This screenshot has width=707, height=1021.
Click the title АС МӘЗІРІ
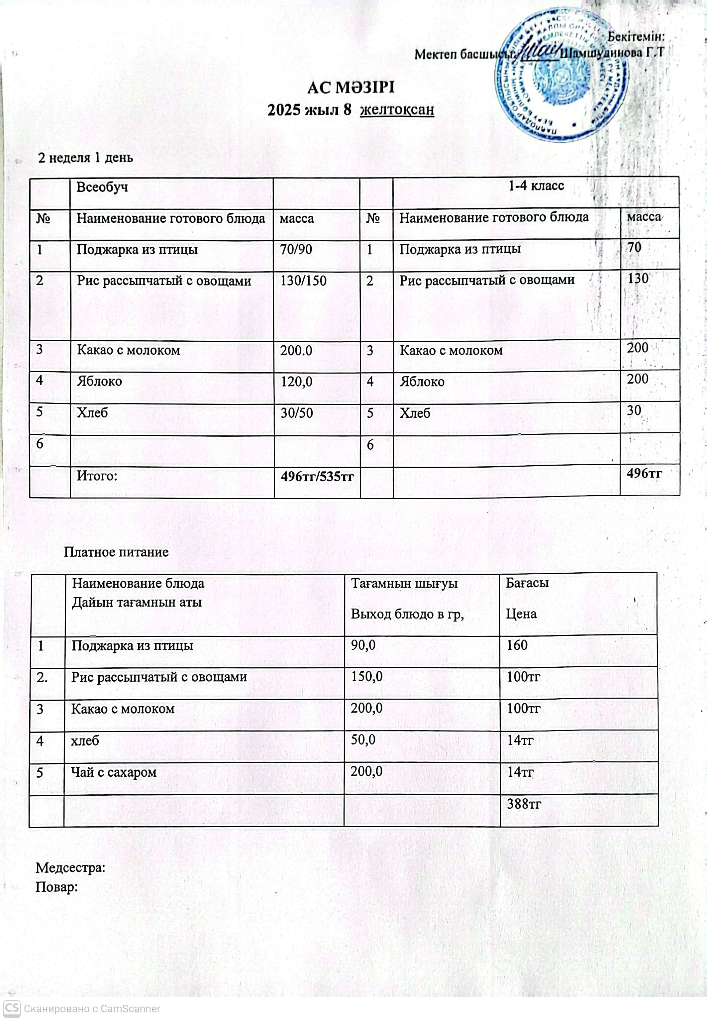point(351,87)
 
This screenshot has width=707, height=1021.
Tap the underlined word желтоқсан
point(397,109)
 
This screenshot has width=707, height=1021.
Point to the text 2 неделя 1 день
point(85,158)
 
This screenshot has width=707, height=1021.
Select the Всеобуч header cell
point(102,187)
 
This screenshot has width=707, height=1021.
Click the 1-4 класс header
point(536,186)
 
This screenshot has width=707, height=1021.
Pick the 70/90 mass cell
point(296,250)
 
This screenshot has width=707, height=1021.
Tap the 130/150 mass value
point(303,281)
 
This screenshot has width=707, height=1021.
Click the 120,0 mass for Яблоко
point(297,382)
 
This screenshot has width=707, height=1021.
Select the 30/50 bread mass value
point(297,413)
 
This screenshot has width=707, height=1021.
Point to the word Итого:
point(97,476)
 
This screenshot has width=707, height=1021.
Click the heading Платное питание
point(116,552)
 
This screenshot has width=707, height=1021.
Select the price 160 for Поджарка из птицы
point(517,645)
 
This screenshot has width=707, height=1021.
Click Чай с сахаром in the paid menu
point(114,772)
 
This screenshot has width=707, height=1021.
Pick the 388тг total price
point(524,804)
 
